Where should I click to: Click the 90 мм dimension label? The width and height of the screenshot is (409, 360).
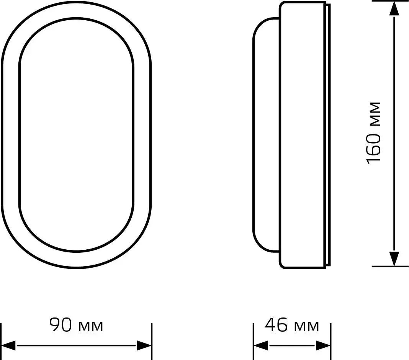[77, 325]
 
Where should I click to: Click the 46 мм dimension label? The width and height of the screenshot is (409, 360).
[292, 325]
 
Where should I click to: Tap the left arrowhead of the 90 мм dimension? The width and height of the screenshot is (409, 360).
[8, 346]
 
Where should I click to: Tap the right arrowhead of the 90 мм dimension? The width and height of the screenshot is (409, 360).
[144, 346]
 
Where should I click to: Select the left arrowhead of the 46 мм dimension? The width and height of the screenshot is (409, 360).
[261, 346]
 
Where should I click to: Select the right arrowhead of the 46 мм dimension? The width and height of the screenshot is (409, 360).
[323, 346]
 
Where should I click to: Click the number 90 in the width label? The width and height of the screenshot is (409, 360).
[61, 325]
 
